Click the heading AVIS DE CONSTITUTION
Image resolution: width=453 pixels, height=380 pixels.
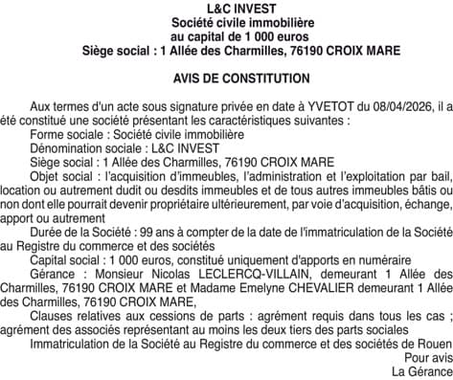pos(226,77)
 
